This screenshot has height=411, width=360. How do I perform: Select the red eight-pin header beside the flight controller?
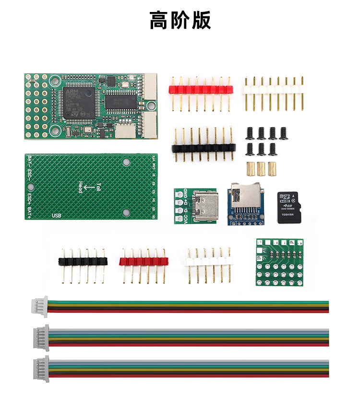pos(201,90)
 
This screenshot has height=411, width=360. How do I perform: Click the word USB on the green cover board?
pos(56,215)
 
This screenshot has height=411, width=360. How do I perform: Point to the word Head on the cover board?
pos(80,187)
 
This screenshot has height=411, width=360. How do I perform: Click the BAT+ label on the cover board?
pos(29,210)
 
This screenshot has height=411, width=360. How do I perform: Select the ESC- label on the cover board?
pos(29,176)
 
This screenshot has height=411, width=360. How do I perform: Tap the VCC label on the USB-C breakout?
pos(180,217)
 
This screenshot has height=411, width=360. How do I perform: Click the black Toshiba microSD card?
pos(289,208)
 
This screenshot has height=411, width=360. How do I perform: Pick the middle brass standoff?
pos(261,168)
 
